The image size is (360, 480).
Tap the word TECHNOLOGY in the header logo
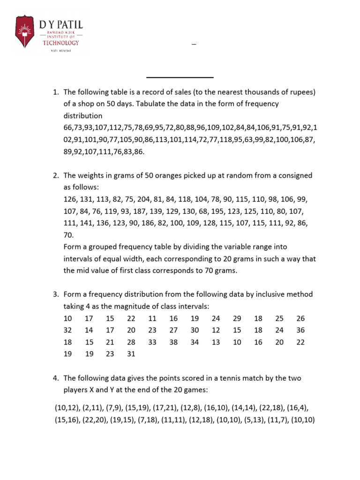pos(61,43)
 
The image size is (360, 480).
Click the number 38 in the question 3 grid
pos(173,342)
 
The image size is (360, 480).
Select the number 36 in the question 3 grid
pos(300,330)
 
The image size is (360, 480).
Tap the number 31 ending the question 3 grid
pos(131,354)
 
